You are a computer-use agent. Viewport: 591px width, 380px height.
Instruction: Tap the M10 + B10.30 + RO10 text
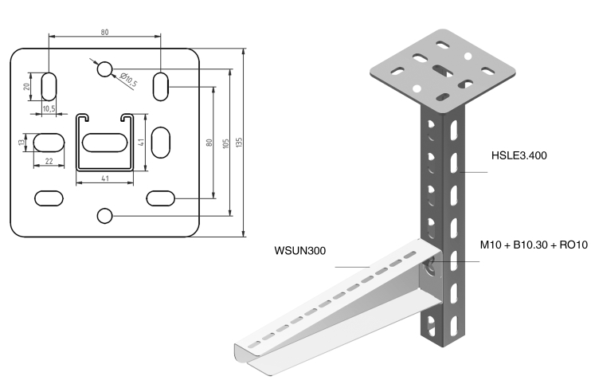click(534, 245)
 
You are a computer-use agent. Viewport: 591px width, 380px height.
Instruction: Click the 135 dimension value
click(239, 141)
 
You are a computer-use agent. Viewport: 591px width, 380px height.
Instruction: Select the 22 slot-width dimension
click(49, 161)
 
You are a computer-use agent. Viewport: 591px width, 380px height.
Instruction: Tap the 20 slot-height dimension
click(26, 86)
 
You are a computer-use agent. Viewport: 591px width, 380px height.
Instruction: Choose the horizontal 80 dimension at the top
click(104, 33)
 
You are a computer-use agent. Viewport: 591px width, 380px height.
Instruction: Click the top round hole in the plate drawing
click(104, 69)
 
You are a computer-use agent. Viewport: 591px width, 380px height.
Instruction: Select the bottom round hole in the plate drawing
click(104, 215)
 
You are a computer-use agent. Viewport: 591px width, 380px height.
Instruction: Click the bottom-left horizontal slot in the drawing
click(49, 196)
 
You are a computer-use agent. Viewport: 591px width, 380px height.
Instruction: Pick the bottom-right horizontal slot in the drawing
click(161, 196)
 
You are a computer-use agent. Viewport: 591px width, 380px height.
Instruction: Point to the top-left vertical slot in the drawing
click(49, 85)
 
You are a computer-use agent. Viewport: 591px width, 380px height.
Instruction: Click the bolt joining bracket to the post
click(431, 266)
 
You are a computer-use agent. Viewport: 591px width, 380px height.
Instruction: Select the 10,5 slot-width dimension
click(48, 108)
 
